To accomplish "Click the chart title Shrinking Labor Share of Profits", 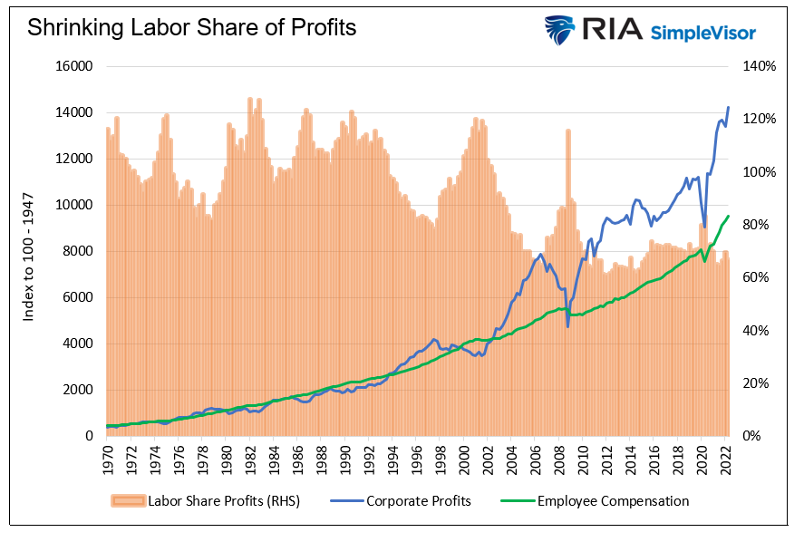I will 191,27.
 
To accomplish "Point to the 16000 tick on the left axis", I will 76,66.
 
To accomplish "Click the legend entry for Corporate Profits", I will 418,500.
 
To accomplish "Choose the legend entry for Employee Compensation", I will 613,500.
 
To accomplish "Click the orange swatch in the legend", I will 126,500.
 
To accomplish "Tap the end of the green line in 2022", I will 729,216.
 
